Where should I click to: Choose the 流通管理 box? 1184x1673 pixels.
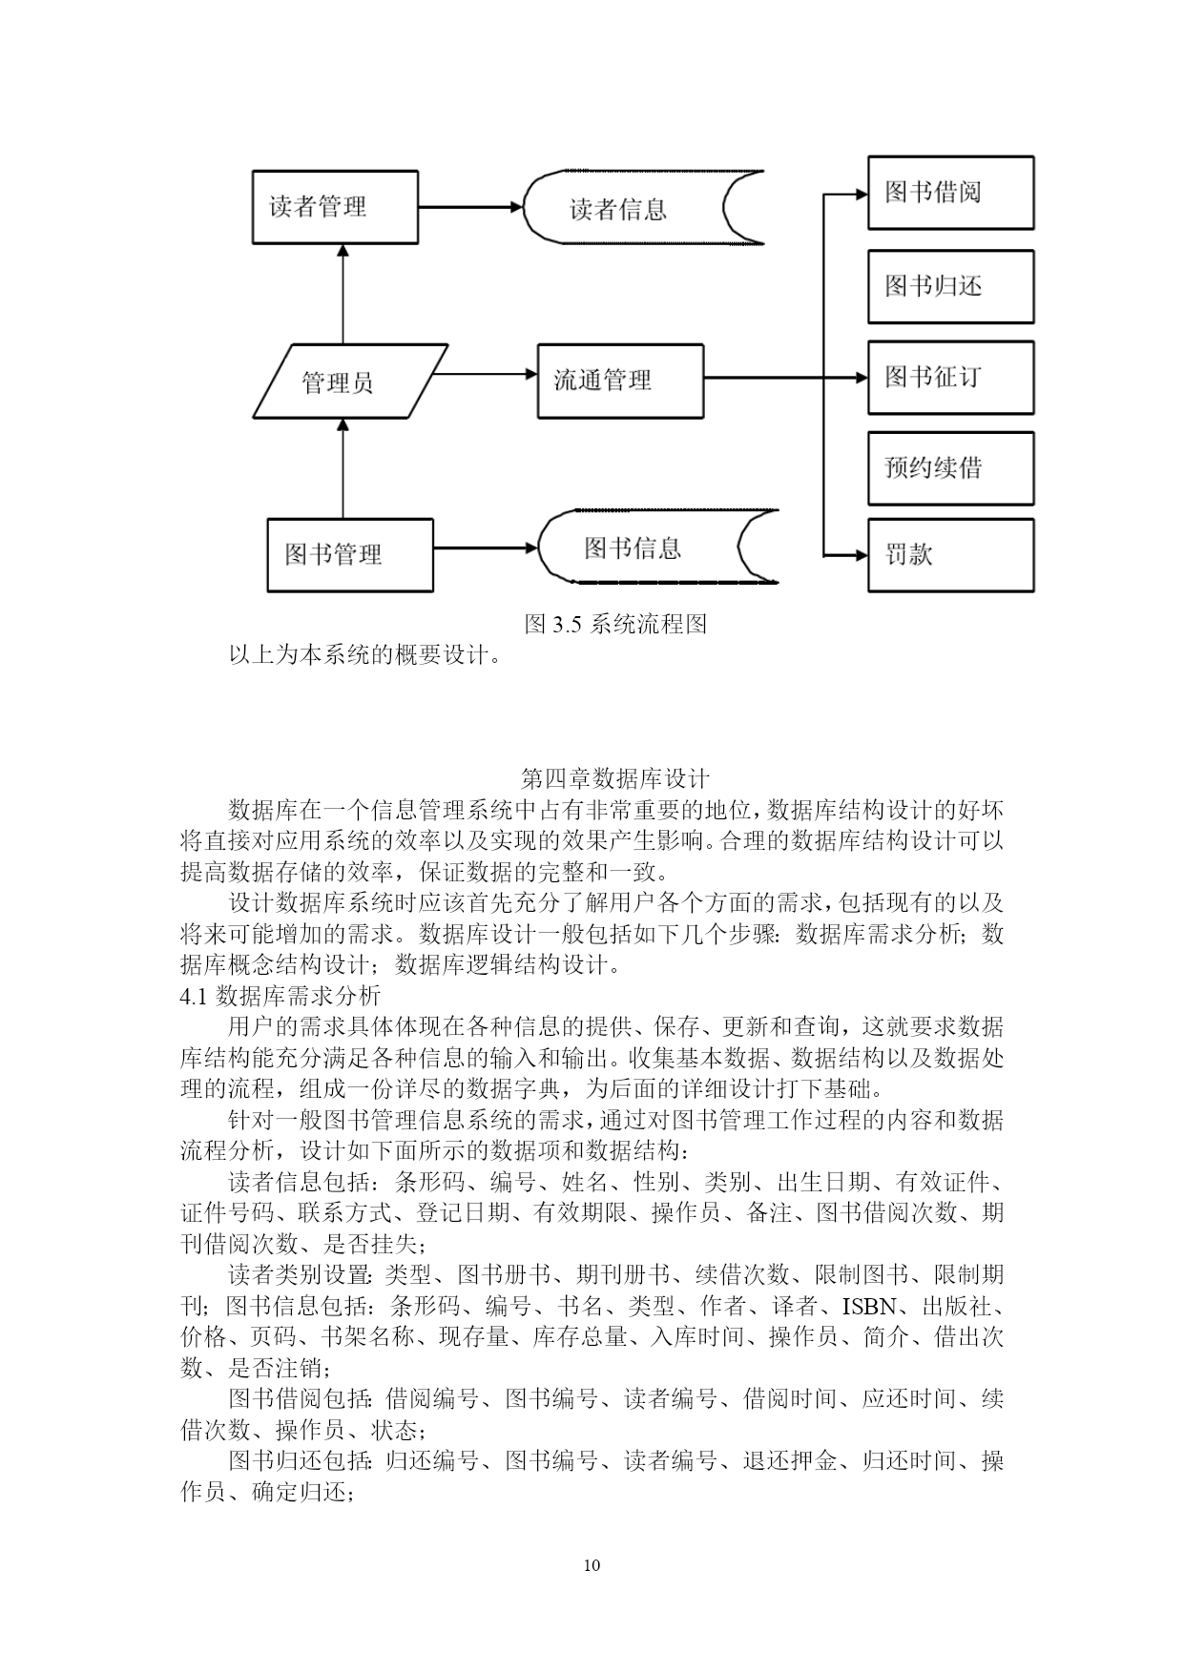[x=620, y=381]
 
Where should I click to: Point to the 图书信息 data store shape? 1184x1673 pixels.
[x=657, y=547]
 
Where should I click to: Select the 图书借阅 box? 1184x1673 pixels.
[x=950, y=193]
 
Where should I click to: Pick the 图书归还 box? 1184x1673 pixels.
[x=950, y=286]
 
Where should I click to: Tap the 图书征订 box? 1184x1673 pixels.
[x=950, y=377]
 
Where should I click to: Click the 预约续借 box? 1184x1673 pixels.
[x=950, y=467]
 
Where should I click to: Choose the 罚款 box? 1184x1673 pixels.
[x=950, y=555]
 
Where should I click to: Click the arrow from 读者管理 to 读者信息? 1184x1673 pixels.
[x=471, y=207]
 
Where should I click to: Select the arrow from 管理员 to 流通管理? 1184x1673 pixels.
[x=493, y=375]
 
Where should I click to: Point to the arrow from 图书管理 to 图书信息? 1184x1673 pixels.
[x=487, y=547]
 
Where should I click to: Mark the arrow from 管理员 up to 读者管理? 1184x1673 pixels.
[x=342, y=294]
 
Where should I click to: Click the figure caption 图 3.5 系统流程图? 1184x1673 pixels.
[x=615, y=625]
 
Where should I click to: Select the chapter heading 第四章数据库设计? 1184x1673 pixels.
[x=615, y=777]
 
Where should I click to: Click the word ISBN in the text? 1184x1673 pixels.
[x=869, y=1306]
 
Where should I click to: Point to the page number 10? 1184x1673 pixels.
[x=592, y=1565]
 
